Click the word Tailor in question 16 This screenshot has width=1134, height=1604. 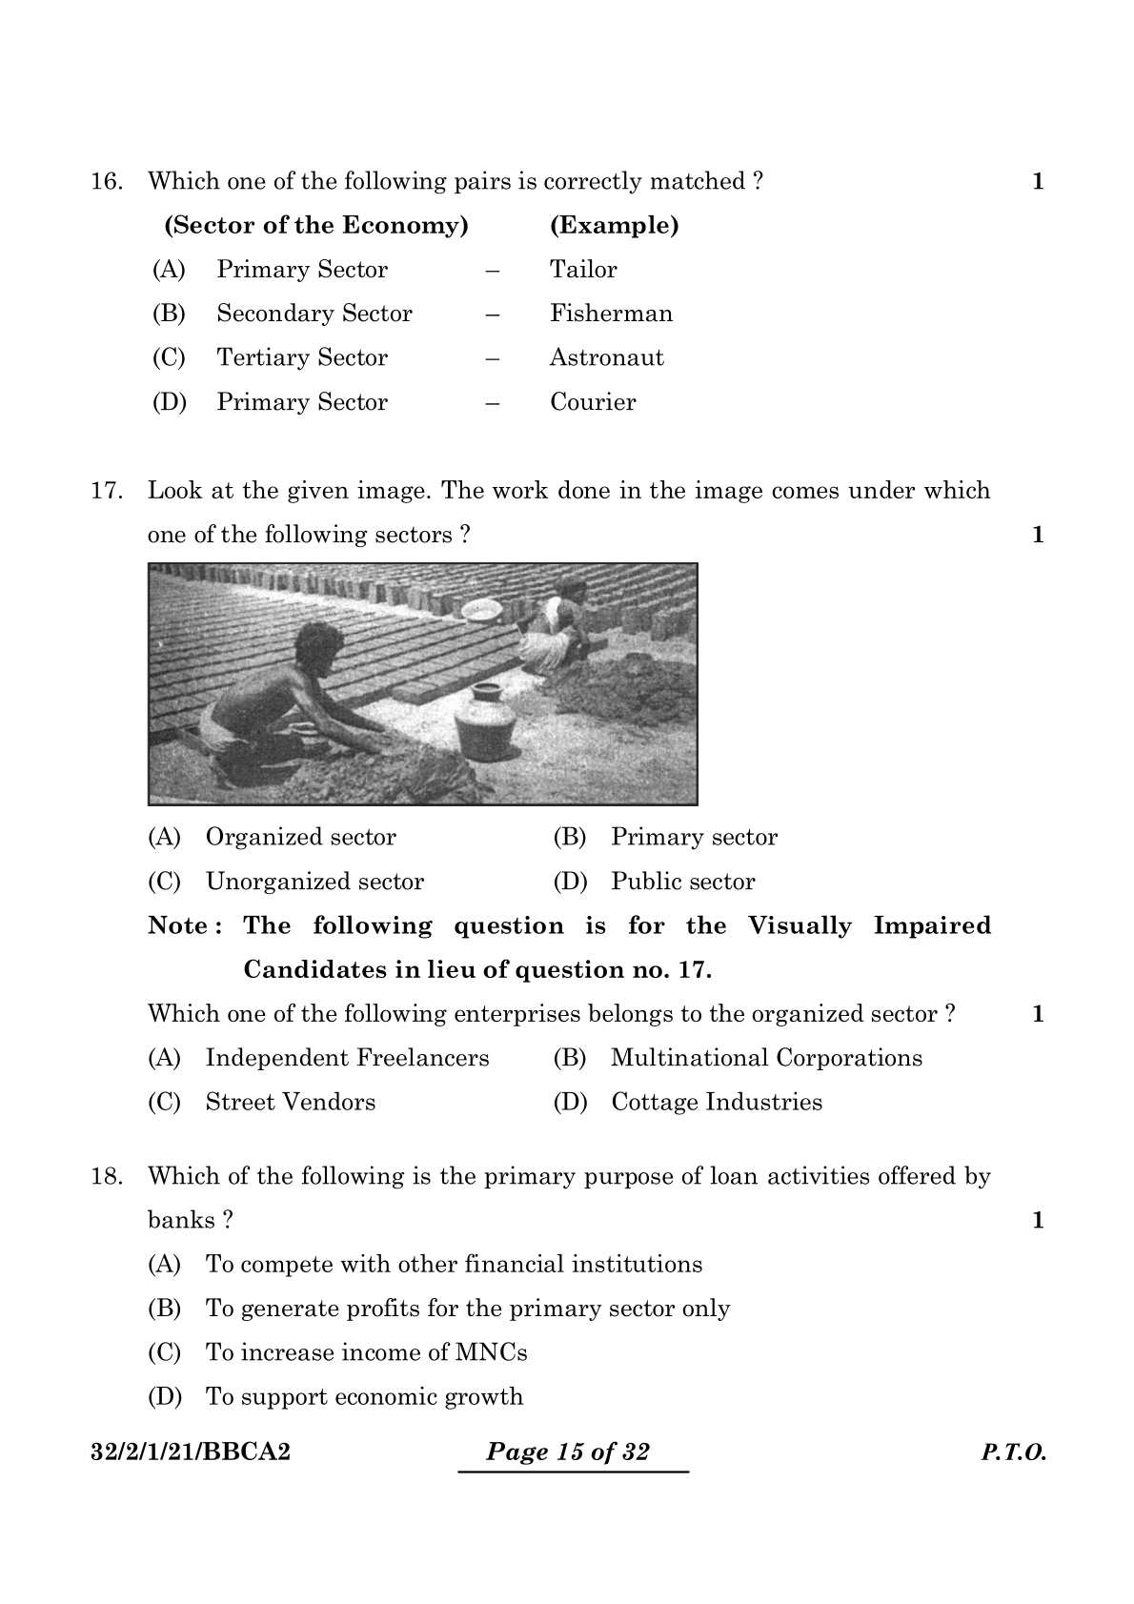[582, 270]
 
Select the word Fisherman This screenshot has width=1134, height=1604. [611, 314]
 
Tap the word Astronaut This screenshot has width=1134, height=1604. [606, 357]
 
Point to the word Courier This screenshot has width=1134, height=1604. [592, 402]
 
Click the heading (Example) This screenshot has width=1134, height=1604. [614, 226]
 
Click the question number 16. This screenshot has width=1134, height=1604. [106, 181]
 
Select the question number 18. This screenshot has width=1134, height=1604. [106, 1176]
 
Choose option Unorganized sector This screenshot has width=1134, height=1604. [314, 882]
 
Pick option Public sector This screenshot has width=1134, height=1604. [682, 882]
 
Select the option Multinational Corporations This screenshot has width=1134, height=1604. [766, 1058]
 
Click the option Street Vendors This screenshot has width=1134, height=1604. [290, 1103]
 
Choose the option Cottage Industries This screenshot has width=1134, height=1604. [716, 1103]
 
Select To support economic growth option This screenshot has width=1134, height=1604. [364, 1397]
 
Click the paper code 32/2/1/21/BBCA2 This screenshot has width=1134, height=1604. [191, 1452]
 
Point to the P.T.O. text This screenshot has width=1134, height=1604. [1013, 1453]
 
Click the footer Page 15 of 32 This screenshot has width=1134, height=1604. [568, 1452]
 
